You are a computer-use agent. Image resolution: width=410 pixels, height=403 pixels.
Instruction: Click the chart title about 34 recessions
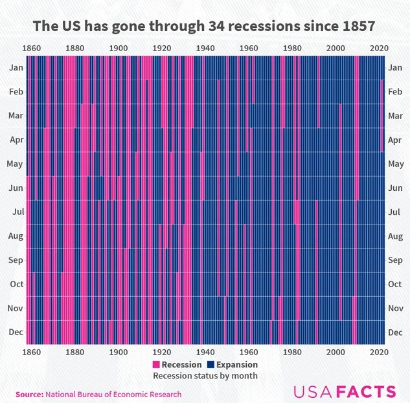[205, 27]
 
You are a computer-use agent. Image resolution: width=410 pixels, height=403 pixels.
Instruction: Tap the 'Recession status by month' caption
[205, 376]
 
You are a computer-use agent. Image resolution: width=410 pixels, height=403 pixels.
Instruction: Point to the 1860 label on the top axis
[30, 48]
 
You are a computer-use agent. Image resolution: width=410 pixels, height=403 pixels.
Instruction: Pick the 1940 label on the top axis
[205, 48]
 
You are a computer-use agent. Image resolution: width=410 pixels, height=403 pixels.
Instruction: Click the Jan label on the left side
[16, 67]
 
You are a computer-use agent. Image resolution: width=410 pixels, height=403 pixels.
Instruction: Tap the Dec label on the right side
[394, 332]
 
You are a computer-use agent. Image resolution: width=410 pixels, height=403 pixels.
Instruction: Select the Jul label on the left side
[17, 212]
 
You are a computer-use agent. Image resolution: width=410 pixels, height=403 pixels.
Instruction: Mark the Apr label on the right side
[394, 139]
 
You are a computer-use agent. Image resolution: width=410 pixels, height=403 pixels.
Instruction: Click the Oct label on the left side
[16, 284]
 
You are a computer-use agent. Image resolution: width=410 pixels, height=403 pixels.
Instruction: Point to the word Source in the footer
[28, 394]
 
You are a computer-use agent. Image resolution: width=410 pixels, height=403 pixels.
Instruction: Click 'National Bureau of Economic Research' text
[113, 394]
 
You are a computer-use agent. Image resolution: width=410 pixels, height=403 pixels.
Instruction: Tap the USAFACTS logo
[345, 391]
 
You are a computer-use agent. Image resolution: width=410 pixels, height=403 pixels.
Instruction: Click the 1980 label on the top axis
[292, 48]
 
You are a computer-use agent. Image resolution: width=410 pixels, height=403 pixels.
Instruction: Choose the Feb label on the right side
[394, 92]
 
